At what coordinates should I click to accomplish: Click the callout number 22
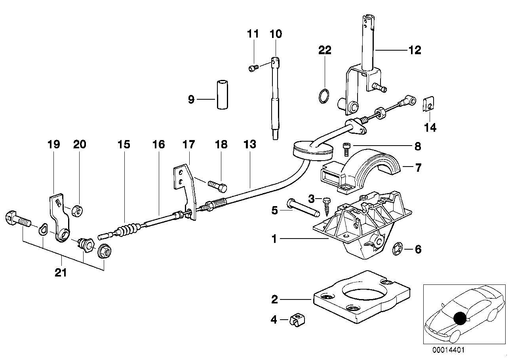pyautogui.click(x=324, y=50)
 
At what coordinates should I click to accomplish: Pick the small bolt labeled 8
pyautogui.click(x=345, y=149)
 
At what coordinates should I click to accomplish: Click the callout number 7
pyautogui.click(x=418, y=168)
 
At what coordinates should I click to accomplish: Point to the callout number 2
pyautogui.click(x=275, y=300)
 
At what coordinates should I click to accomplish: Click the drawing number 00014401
pyautogui.click(x=449, y=350)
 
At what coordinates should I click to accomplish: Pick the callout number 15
pyautogui.click(x=124, y=144)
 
